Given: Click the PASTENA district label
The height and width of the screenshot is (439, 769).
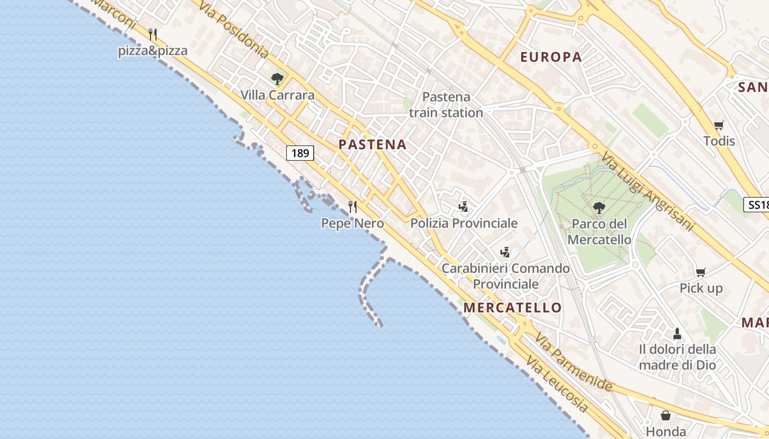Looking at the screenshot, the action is click(x=372, y=145).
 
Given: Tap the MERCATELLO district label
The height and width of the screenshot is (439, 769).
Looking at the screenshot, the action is click(x=512, y=307).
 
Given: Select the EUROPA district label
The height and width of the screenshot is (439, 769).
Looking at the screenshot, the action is click(x=550, y=57).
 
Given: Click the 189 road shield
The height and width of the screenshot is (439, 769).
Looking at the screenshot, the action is click(x=300, y=153).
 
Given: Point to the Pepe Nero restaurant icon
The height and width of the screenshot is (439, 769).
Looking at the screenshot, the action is click(x=353, y=207).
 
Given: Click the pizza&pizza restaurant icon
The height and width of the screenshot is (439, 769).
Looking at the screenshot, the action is click(x=153, y=35).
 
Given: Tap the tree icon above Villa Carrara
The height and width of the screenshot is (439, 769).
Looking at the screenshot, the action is click(x=277, y=79).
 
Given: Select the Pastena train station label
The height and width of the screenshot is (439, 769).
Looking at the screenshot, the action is click(x=446, y=105).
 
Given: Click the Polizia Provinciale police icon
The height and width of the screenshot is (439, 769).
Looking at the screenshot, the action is click(x=464, y=207).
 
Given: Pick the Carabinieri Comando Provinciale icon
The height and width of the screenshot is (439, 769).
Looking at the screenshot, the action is click(x=505, y=252).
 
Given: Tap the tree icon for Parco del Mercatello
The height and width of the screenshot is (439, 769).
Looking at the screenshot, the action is click(x=599, y=208).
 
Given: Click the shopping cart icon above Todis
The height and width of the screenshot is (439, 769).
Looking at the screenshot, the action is click(x=718, y=125).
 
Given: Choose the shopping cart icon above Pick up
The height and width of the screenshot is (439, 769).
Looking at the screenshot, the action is click(x=700, y=272).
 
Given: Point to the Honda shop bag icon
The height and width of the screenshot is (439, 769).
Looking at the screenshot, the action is click(x=666, y=415).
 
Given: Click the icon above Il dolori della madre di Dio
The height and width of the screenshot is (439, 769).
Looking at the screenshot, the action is click(x=677, y=333).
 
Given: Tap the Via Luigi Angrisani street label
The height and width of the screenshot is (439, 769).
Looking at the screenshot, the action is click(x=648, y=192).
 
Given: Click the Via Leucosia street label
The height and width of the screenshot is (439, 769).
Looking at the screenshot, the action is click(x=556, y=385).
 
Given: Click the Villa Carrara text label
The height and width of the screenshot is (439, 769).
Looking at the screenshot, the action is click(x=277, y=95).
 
